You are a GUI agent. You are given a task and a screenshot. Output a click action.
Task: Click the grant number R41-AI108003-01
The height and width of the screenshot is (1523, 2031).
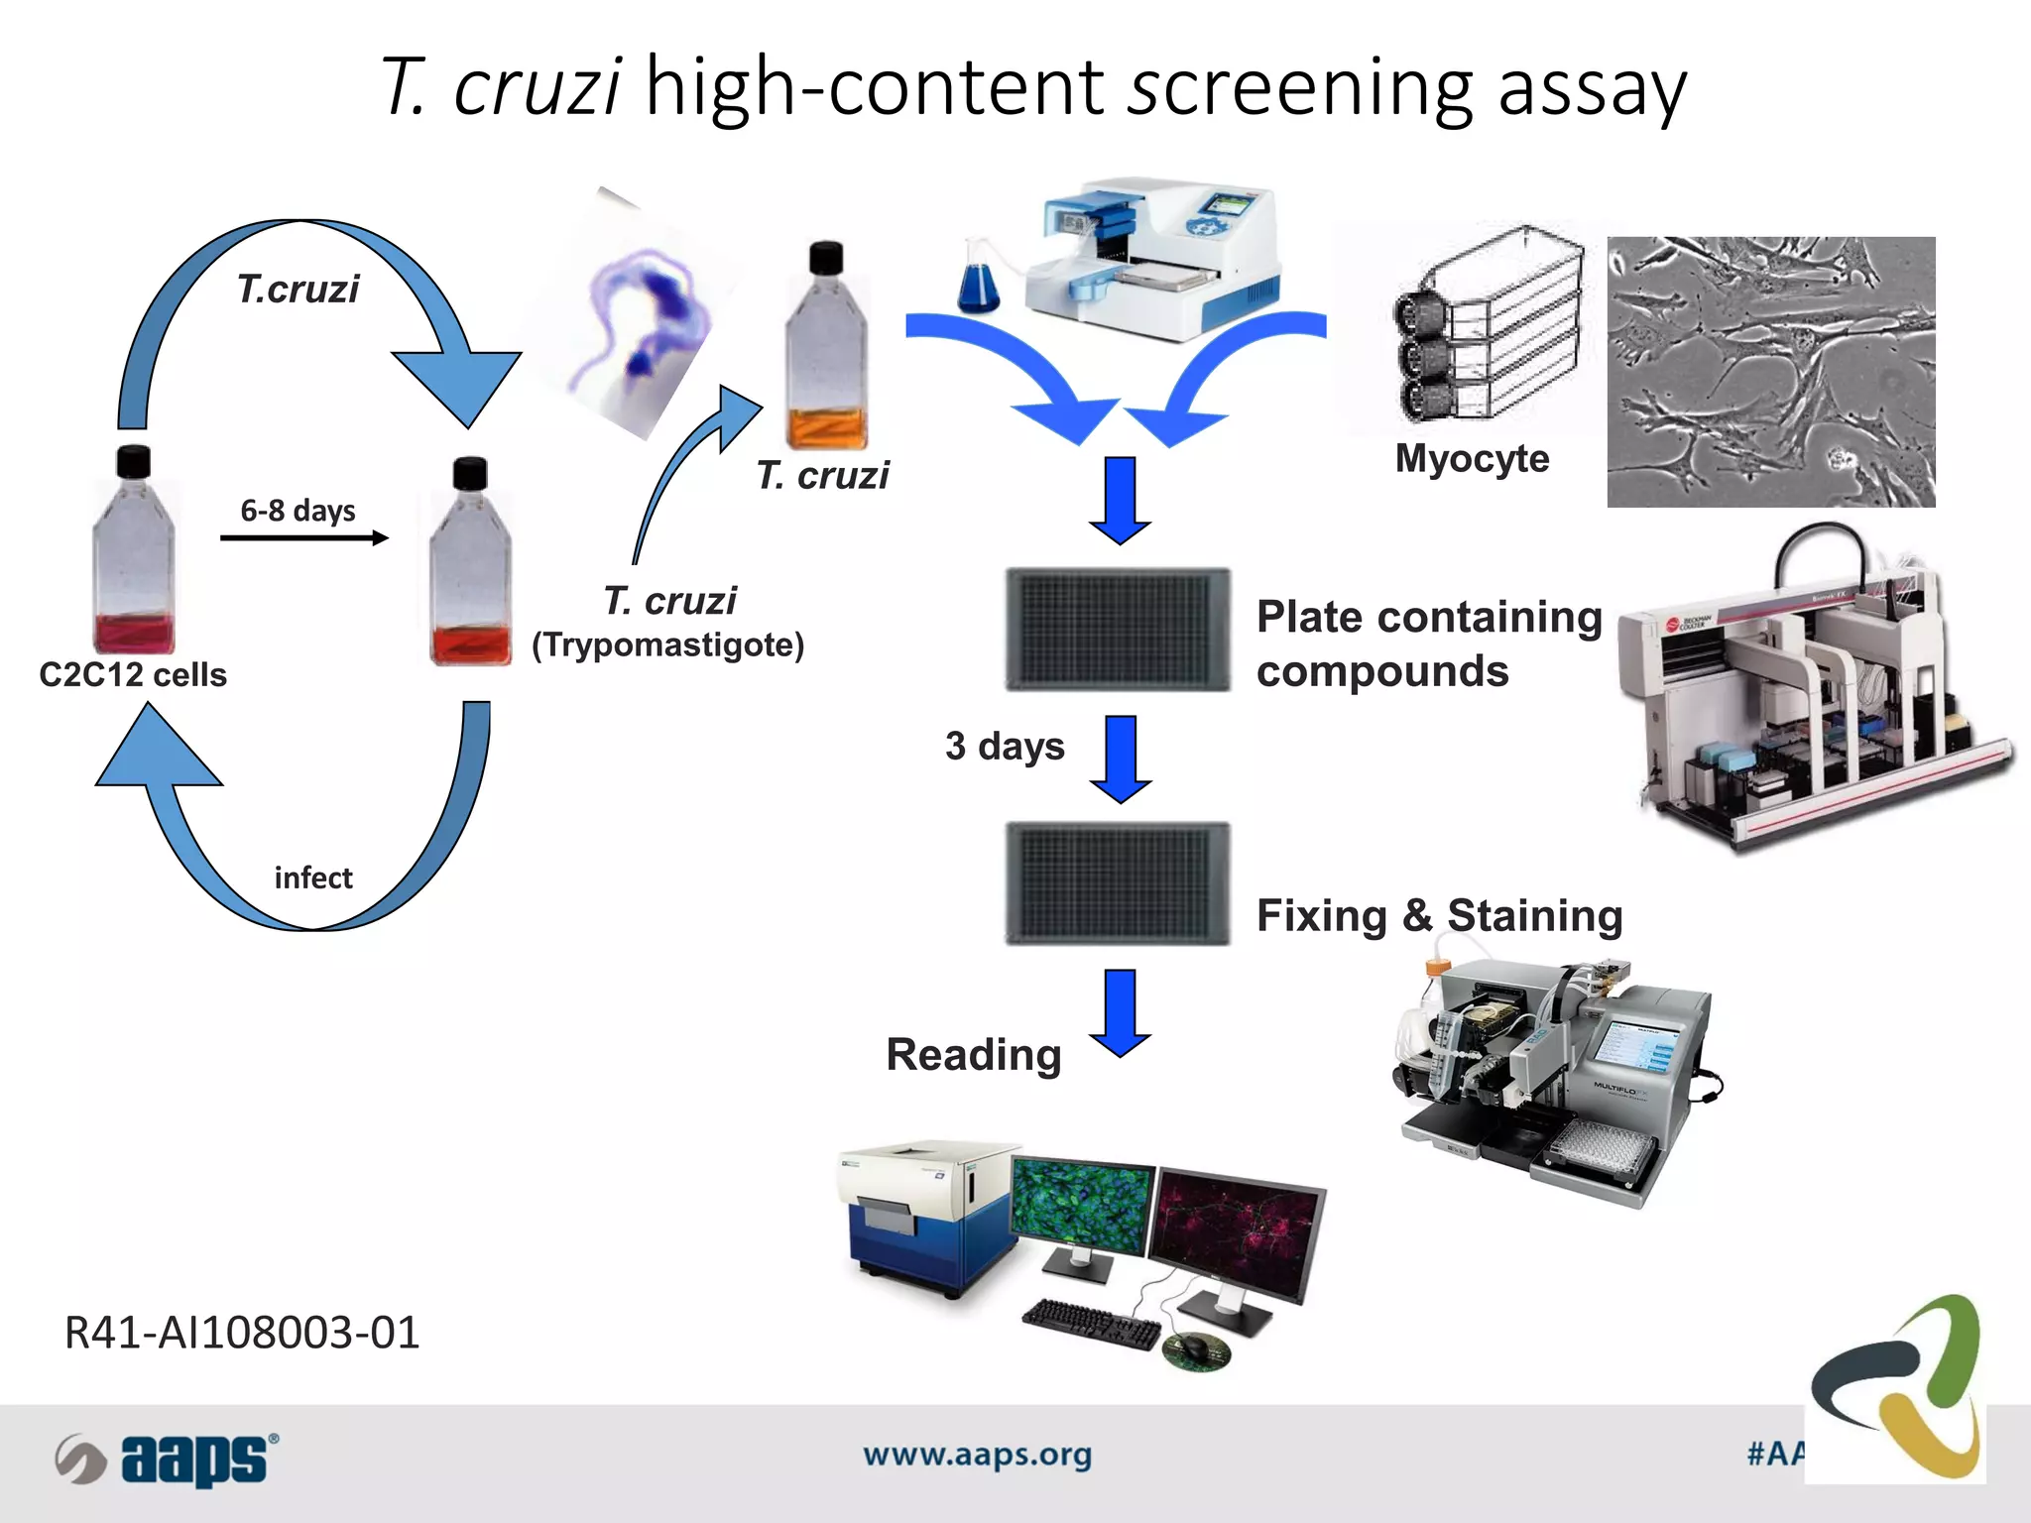click(242, 1333)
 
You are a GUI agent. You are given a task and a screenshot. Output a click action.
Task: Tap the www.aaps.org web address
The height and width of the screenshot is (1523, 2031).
click(977, 1455)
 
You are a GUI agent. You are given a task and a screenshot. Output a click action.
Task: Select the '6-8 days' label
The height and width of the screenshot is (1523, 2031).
click(298, 511)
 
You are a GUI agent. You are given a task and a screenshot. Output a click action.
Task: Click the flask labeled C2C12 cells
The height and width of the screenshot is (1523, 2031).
click(134, 555)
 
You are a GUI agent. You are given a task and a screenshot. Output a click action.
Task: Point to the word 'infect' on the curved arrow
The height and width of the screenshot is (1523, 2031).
click(313, 879)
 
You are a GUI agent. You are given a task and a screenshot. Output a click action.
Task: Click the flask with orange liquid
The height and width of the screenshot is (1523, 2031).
click(826, 347)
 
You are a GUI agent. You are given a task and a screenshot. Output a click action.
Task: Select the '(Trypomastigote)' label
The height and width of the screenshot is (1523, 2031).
click(667, 645)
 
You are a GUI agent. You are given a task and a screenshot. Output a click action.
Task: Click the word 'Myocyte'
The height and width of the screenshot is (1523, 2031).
click(1472, 459)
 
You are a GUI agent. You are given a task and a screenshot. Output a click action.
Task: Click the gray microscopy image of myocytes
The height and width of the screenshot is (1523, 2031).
click(1770, 372)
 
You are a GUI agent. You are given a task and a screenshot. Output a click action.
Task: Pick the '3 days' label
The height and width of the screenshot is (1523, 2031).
click(1004, 747)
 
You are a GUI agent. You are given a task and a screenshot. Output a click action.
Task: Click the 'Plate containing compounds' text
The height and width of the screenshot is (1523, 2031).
click(1428, 644)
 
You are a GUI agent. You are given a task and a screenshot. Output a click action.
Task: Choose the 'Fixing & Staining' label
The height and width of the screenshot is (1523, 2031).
click(1439, 915)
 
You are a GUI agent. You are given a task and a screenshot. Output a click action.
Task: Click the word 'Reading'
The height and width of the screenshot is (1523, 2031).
click(974, 1055)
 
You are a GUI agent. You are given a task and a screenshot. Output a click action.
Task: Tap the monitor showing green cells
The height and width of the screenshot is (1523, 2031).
click(1083, 1210)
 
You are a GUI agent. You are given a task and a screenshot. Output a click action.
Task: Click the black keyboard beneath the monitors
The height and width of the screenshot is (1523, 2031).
click(1091, 1325)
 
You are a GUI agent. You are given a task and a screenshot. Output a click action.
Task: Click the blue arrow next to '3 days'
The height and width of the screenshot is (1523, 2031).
click(1121, 759)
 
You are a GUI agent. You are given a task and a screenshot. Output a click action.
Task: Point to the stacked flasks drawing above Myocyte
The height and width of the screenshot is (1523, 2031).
click(1488, 327)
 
